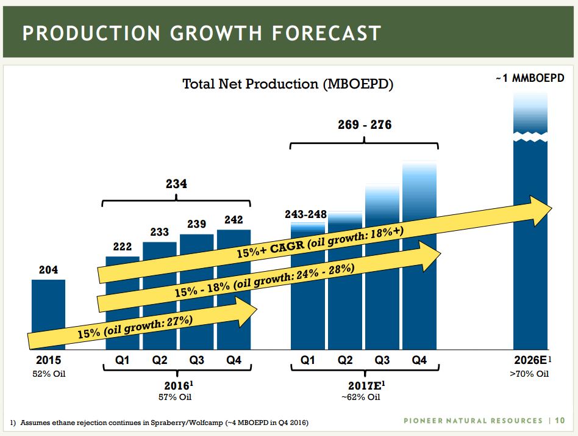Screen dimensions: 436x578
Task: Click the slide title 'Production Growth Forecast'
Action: (201, 32)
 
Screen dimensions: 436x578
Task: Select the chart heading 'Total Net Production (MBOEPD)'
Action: (288, 84)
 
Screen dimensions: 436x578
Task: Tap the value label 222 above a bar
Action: (123, 246)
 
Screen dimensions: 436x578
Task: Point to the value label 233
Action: (160, 232)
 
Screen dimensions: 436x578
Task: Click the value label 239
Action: (196, 224)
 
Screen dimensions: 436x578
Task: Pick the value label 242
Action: (234, 219)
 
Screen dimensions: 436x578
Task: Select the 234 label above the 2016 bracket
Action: (177, 183)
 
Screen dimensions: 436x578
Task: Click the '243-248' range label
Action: (306, 214)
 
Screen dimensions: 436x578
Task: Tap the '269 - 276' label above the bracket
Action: (365, 125)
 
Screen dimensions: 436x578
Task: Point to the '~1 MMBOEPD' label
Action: (529, 79)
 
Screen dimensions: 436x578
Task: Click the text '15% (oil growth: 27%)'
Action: (135, 325)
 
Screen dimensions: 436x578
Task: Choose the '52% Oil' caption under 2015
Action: (49, 374)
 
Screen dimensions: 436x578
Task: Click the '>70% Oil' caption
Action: (529, 374)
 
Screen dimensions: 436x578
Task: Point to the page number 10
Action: (560, 420)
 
